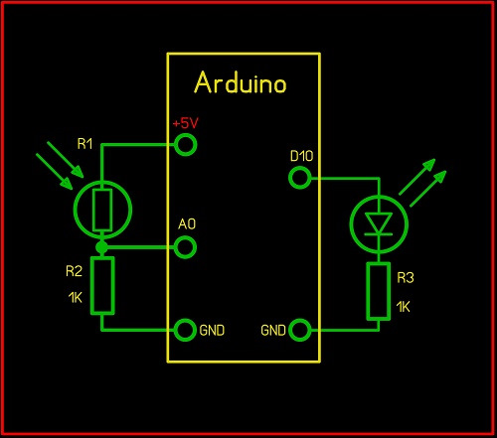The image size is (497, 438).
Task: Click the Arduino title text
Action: coord(241,82)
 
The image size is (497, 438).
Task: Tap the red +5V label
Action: coord(186,123)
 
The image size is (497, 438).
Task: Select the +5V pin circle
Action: coord(186,145)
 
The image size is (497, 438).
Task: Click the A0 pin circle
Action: coord(185,247)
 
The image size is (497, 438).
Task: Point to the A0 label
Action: coord(187,224)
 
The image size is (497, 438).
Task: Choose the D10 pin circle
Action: coord(300,178)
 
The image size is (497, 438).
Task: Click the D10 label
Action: coord(301,156)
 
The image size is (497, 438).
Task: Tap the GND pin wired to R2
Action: coord(184,330)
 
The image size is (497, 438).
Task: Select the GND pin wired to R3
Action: coord(300,330)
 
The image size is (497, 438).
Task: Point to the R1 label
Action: coord(84,144)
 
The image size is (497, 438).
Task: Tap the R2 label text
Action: coord(74,271)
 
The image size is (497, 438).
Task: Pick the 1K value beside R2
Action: coord(76,298)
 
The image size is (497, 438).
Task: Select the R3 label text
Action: coord(406,278)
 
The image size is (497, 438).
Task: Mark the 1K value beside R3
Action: coord(404,307)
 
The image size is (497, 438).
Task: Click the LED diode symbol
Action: coord(379,223)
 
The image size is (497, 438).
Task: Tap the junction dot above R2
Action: coord(101,247)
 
